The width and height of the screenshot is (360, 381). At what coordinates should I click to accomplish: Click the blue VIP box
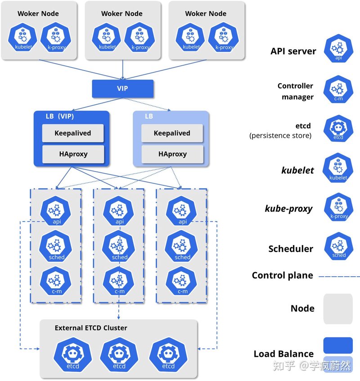pos(122,89)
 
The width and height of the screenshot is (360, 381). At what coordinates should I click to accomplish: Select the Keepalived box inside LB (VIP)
pos(73,133)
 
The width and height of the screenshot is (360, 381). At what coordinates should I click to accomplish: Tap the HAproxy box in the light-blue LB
pos(172,154)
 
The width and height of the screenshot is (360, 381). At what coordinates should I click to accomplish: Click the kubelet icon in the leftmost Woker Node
pos(22,37)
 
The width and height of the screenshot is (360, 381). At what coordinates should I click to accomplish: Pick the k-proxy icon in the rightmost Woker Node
pos(224,37)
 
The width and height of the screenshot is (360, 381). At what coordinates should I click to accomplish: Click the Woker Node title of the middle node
pos(122,13)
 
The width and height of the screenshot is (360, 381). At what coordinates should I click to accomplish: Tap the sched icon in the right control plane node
pos(181,247)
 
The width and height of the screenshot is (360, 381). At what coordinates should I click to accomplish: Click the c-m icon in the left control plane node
pos(56,281)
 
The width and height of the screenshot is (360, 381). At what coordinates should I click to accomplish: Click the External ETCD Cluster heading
pos(91,328)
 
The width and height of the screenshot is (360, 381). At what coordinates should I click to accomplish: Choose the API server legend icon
pos(338,48)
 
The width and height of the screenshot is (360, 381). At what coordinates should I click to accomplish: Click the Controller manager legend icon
pos(338,89)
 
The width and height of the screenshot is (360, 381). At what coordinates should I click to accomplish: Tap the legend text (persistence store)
pos(280,135)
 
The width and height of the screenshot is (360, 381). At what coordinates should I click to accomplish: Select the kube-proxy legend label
pos(289,209)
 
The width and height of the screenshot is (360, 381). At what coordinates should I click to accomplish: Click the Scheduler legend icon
pos(338,247)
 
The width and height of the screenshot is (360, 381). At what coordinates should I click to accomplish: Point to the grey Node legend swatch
pos(338,309)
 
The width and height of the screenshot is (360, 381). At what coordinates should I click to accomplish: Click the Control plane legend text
pos(283,276)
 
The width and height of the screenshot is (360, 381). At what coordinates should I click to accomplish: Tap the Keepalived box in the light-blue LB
pos(172,133)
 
